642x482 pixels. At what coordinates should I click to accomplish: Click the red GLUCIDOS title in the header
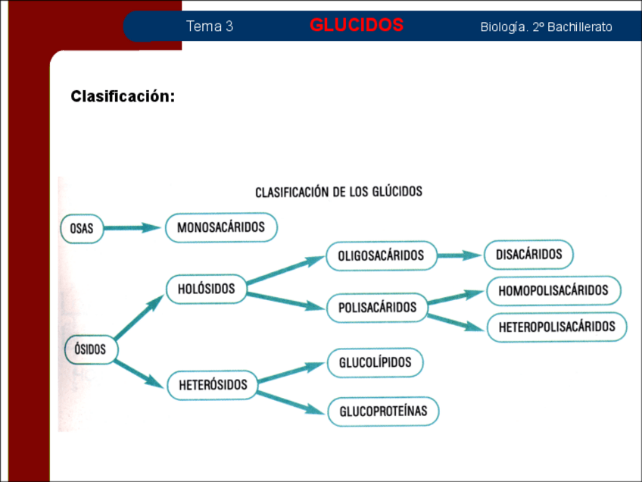tap(357, 26)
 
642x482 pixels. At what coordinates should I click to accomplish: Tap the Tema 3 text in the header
tap(210, 27)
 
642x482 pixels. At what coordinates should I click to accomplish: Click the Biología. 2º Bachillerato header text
tap(546, 27)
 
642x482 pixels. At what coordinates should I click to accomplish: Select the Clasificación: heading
tap(123, 96)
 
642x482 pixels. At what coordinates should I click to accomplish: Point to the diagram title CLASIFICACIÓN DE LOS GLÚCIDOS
tap(338, 192)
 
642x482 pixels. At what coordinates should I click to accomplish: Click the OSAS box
tap(82, 228)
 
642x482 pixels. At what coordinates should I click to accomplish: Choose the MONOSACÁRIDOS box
tap(221, 227)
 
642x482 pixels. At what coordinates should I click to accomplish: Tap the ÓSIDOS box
tap(90, 349)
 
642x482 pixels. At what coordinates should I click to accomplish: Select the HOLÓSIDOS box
tap(206, 289)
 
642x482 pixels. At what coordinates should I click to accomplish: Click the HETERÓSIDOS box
tap(213, 385)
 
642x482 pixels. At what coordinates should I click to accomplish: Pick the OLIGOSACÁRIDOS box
tap(381, 255)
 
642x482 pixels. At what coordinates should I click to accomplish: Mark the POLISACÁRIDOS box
tap(376, 308)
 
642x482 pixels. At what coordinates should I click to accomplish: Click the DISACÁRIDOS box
tap(528, 255)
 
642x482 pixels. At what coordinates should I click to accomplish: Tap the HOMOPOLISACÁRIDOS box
tap(553, 290)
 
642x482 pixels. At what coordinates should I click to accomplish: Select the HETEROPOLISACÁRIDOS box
tap(556, 327)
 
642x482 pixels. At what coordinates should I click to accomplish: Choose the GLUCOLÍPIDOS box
tap(375, 362)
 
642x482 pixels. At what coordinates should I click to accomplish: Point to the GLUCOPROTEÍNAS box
tap(383, 411)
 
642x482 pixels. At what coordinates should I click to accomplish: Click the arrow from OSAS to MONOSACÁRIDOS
tap(133, 227)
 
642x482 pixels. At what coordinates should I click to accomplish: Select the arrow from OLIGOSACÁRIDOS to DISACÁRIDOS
tap(460, 255)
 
